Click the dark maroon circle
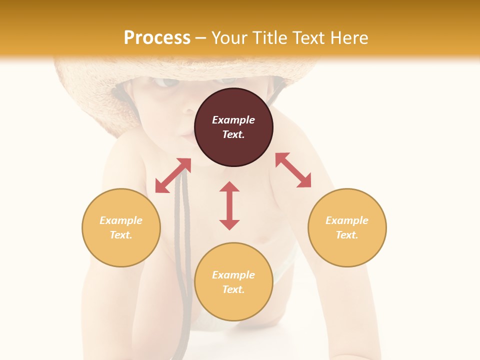point(233,127)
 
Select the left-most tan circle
point(121,227)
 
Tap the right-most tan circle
point(347,227)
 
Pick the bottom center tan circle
point(233,282)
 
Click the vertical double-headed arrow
point(229,205)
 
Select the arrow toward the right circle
point(293,170)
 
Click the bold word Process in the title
point(157,37)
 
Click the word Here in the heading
point(348,37)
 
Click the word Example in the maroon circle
point(233,120)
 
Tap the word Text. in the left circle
point(121,235)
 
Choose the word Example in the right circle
point(347,220)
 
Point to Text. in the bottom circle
point(233,289)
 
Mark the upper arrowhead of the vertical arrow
point(229,187)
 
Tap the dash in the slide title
point(201,38)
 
